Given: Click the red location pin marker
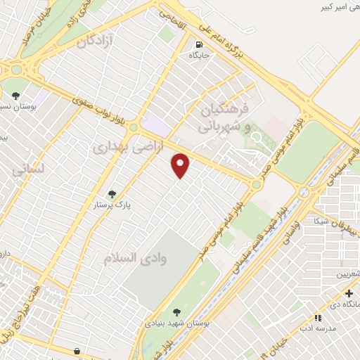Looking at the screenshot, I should (x=181, y=165).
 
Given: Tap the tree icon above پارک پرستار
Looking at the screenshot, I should (x=112, y=194).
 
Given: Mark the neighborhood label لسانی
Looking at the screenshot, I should (x=29, y=169).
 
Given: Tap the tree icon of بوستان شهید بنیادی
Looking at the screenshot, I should (x=176, y=313).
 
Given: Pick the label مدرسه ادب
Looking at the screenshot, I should (x=314, y=328).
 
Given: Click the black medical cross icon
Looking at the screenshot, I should (x=349, y=292).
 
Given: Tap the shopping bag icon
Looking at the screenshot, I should (x=76, y=351).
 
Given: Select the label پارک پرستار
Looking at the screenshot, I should (x=112, y=206).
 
